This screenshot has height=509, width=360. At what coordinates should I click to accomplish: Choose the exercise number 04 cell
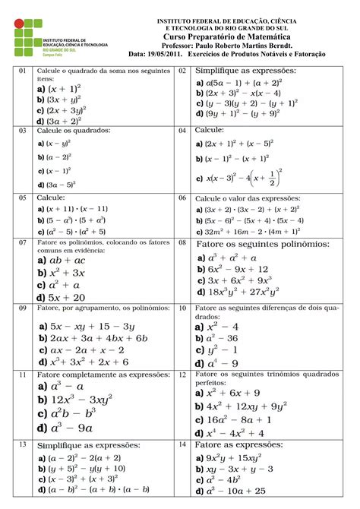pos(182,131)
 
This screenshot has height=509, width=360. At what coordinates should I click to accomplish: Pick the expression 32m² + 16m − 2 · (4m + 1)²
pos(247,230)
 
